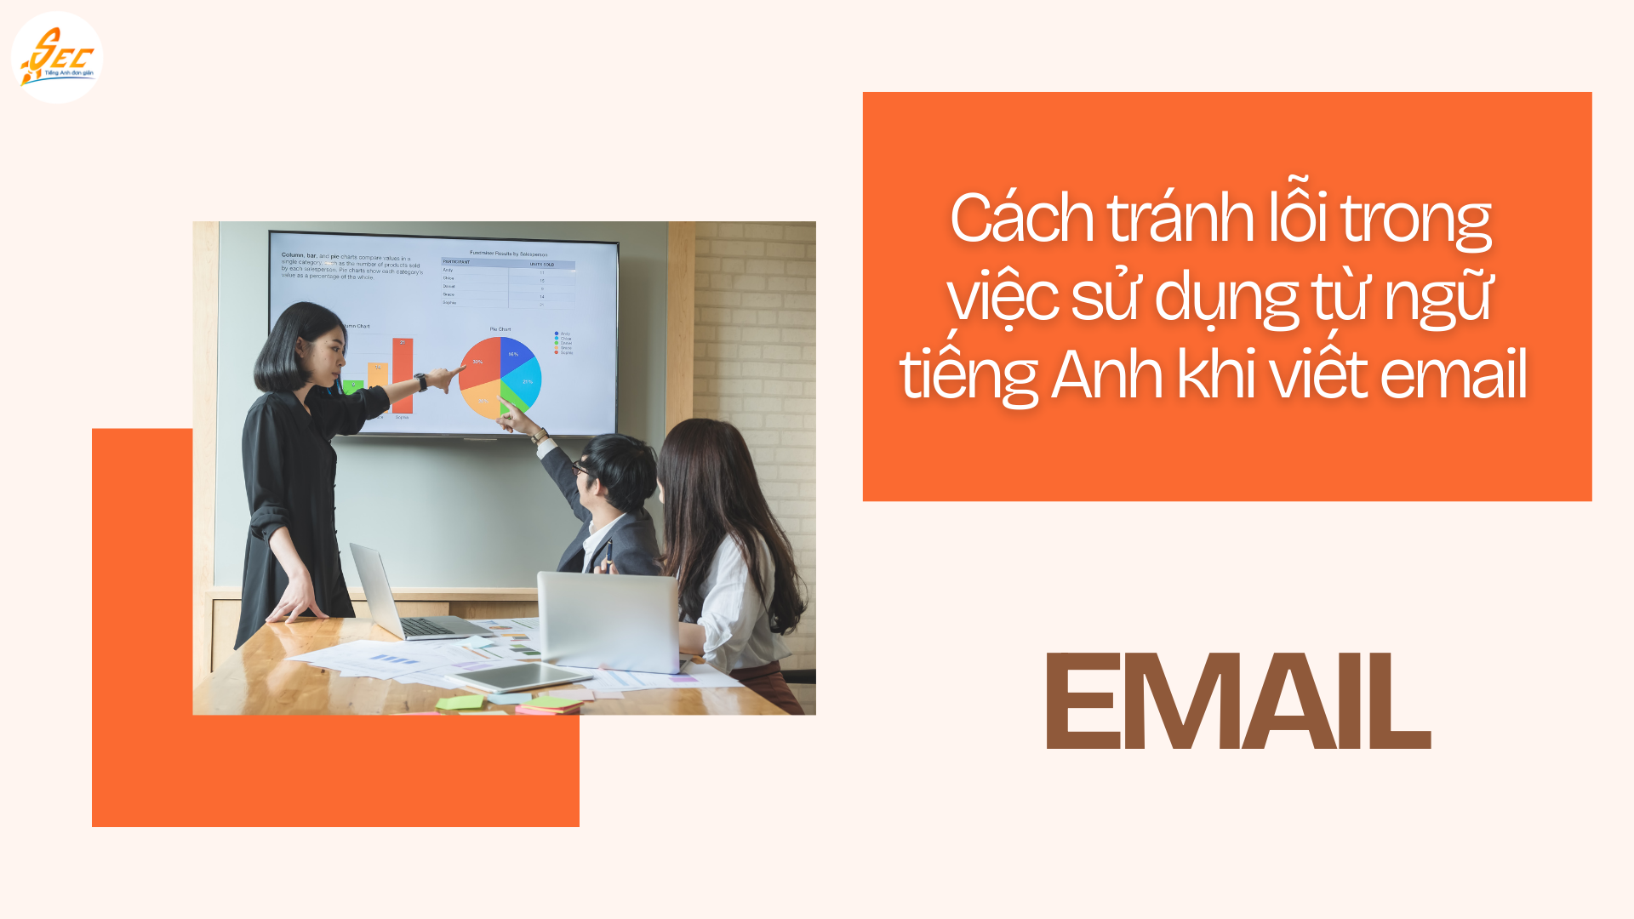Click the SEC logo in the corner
click(57, 58)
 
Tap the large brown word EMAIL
click(1237, 702)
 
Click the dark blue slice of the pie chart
click(514, 354)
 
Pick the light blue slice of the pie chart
click(525, 380)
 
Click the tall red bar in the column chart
click(403, 375)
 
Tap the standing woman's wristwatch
click(420, 382)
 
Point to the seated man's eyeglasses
click(581, 468)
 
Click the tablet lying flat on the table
click(521, 677)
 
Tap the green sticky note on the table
click(460, 703)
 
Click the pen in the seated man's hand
click(609, 551)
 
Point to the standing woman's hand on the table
click(298, 607)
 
